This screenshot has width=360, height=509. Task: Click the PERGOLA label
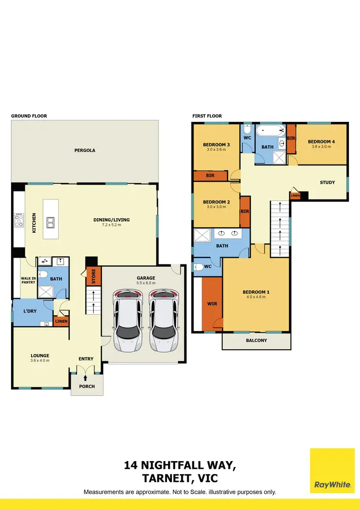tap(84, 150)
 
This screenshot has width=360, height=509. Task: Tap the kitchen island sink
tap(50, 222)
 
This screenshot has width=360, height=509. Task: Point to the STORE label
tap(94, 277)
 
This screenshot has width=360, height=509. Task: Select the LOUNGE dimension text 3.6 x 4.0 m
tap(40, 361)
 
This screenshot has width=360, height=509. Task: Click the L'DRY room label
tap(30, 312)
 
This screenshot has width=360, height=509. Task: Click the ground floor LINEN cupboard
tap(61, 321)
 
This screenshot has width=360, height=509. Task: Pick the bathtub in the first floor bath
tap(269, 130)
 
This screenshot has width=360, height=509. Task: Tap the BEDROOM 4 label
tap(321, 142)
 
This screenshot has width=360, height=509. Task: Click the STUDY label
tap(327, 182)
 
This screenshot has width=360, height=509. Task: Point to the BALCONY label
tap(256, 341)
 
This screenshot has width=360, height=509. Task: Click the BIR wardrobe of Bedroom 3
tap(210, 176)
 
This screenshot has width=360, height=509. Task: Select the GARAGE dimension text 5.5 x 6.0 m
tap(145, 284)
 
